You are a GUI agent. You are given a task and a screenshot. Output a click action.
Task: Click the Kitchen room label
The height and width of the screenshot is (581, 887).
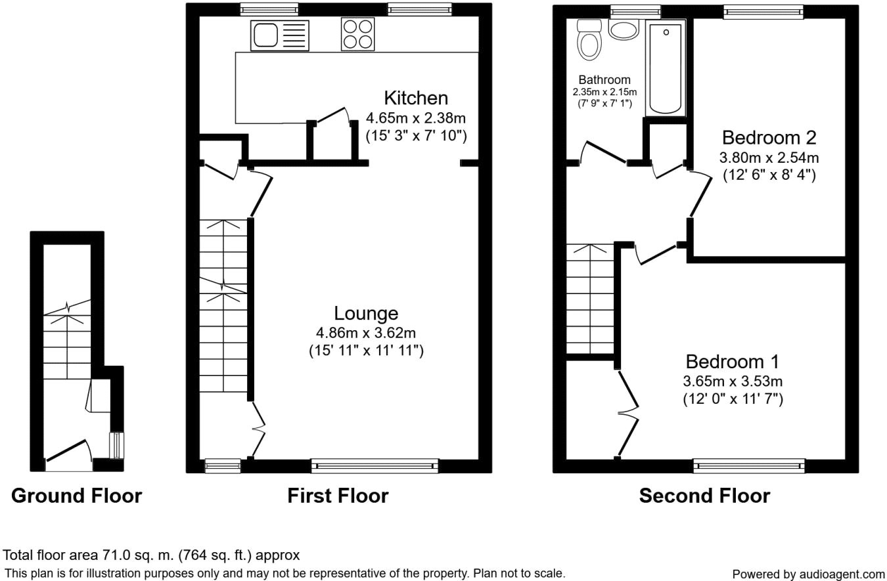coord(416,98)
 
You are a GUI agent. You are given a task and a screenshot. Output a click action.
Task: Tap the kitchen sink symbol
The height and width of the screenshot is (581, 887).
coord(279,35)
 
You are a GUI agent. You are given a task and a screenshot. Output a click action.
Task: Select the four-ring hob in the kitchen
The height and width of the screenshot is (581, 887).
coord(357,34)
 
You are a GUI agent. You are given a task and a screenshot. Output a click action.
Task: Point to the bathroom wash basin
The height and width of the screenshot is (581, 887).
coord(624,30)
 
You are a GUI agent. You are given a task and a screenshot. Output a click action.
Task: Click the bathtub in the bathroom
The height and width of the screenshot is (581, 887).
coord(666,68)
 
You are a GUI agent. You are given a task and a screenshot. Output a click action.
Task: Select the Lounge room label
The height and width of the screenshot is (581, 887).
coord(366,313)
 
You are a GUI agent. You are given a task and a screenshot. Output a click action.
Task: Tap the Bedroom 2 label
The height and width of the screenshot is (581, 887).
coord(769,138)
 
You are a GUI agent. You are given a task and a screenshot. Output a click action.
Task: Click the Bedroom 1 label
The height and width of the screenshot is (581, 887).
coord(733,362)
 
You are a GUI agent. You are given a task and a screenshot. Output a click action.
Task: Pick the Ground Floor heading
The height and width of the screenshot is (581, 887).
coord(76,496)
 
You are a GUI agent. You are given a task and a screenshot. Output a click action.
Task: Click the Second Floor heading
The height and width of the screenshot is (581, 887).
coord(704,496)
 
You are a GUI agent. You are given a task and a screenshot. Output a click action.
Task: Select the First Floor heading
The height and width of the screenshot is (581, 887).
coord(338,496)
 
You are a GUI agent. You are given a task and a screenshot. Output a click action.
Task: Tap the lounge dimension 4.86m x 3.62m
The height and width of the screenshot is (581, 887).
coord(366,333)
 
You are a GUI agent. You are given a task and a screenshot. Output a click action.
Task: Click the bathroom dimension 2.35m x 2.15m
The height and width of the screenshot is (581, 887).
coord(604,92)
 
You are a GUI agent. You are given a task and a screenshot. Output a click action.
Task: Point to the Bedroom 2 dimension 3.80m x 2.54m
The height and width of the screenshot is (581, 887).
coord(769,158)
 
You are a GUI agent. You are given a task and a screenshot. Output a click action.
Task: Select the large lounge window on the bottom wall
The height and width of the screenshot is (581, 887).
coord(375,466)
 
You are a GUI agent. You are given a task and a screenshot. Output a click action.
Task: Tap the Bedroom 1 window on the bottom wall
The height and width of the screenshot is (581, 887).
coord(749,466)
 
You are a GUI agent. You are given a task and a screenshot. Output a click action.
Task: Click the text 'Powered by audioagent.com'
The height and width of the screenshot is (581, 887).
coord(808,574)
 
